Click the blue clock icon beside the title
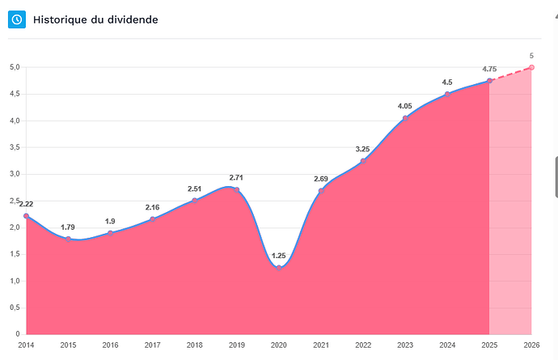17,19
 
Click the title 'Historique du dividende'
95,19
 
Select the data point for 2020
278,267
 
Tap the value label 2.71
236,177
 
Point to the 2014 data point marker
27,216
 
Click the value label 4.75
489,70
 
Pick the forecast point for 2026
531,67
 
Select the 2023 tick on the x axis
405,345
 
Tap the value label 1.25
278,256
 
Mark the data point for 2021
321,191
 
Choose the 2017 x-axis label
153,345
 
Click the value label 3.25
363,149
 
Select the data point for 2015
69,239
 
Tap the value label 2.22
26,204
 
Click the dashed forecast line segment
510,74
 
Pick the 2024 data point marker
447,95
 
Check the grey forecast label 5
531,56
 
